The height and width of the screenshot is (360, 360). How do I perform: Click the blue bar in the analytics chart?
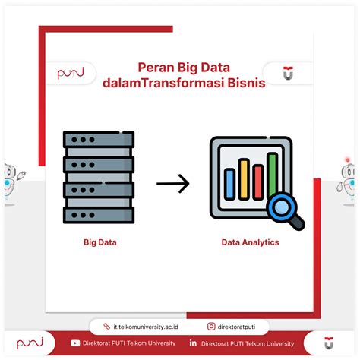pyautogui.click(x=229, y=184)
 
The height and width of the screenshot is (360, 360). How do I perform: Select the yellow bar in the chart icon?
pyautogui.click(x=244, y=179)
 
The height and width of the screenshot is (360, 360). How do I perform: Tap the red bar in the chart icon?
pyautogui.click(x=258, y=182)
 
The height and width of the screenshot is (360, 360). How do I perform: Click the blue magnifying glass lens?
pyautogui.click(x=281, y=207)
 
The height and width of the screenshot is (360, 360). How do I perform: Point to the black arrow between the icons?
pyautogui.click(x=173, y=184)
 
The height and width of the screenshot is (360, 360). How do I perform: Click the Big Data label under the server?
pyautogui.click(x=100, y=242)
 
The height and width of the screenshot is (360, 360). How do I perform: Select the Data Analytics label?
pyautogui.click(x=250, y=242)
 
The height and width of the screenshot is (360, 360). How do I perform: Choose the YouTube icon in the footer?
pyautogui.click(x=75, y=343)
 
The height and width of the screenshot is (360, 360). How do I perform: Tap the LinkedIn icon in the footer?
pyautogui.click(x=193, y=343)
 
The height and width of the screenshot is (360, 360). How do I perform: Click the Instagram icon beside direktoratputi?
pyautogui.click(x=211, y=327)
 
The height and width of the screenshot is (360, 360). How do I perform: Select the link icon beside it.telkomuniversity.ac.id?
pyautogui.click(x=107, y=327)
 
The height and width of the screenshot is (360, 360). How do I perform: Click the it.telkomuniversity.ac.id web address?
pyautogui.click(x=146, y=327)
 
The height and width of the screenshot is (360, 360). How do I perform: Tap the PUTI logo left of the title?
pyautogui.click(x=71, y=73)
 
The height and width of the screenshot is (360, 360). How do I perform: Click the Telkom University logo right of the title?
pyautogui.click(x=288, y=73)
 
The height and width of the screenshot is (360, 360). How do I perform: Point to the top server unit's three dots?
pyautogui.click(x=83, y=140)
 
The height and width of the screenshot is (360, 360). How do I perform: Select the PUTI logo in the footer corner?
pyautogui.click(x=30, y=343)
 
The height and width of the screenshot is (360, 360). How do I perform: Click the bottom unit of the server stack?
pyautogui.click(x=99, y=215)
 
